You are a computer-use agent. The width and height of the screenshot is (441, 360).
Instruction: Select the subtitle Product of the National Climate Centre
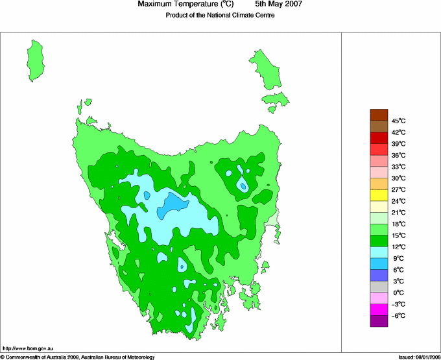(x=220, y=16)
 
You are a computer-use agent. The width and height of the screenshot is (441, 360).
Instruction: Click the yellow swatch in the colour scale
(x=379, y=195)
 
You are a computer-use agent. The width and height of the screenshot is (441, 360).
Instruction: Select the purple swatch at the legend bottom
(x=379, y=320)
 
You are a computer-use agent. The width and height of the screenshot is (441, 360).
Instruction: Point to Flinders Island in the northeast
(x=265, y=68)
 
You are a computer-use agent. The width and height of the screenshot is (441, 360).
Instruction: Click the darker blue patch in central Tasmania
(x=173, y=204)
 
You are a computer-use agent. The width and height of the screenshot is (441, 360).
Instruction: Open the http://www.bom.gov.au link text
(x=27, y=349)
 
